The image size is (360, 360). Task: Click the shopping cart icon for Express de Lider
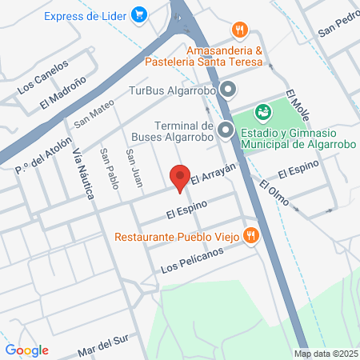140,14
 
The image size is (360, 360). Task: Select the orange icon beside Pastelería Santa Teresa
238,30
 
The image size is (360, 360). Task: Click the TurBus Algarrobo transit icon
228,89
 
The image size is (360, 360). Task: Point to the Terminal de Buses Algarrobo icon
226,128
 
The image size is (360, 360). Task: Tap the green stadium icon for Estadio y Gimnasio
262,113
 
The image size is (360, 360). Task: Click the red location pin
180,178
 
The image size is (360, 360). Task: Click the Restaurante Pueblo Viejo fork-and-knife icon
251,235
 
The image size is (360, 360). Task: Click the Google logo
26,350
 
